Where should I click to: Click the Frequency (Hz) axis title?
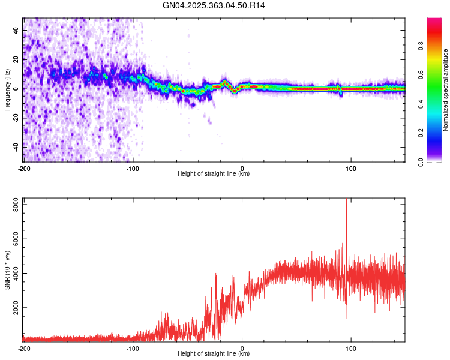coord(7,89)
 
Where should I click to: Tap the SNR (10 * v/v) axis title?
coord(7,269)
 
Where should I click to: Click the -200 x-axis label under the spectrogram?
coord(24,169)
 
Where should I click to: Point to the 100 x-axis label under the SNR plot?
coord(351,348)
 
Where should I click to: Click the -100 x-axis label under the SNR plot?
coord(133,348)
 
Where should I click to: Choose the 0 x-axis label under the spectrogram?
coord(242,169)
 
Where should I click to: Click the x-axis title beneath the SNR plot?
coord(214,354)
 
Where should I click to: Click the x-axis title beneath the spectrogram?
coord(214,174)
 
